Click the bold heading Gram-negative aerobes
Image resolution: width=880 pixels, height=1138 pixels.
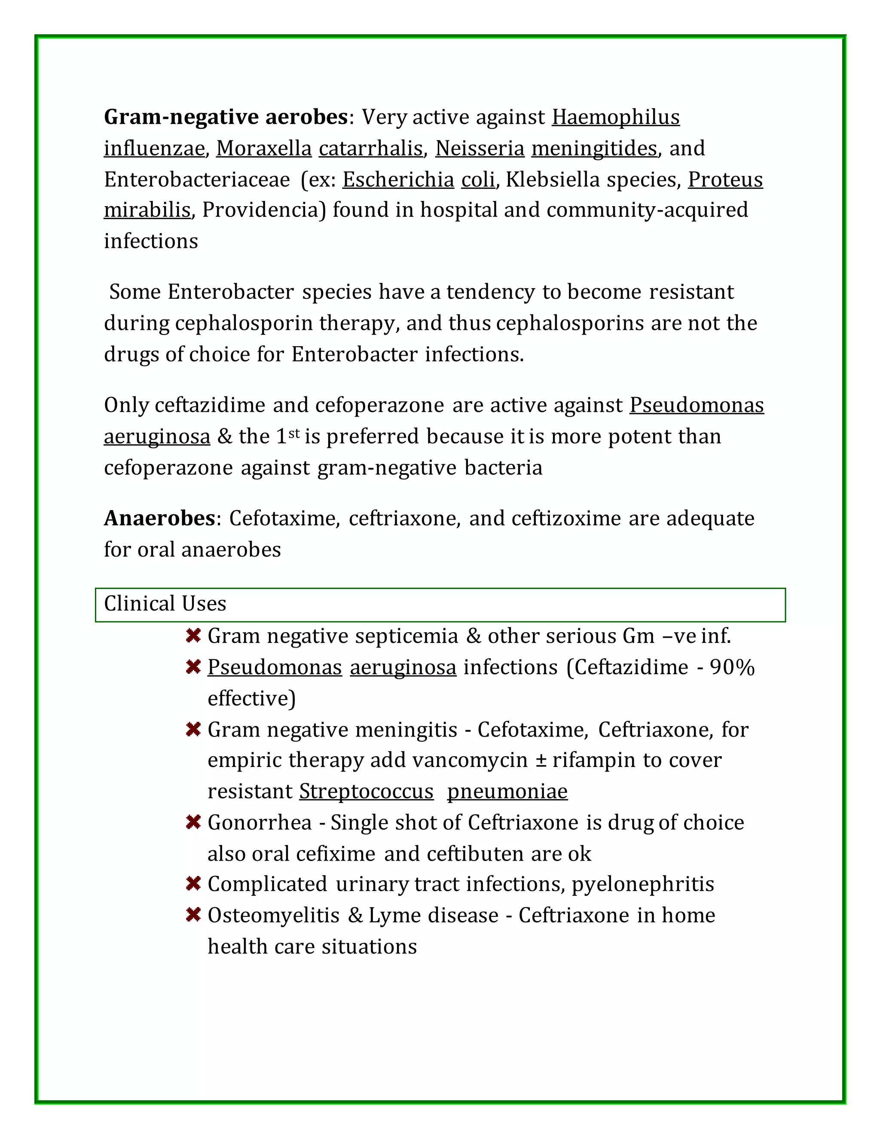pos(226,117)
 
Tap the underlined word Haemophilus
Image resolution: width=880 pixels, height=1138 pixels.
pos(616,117)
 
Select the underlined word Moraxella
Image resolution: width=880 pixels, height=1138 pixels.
pos(264,149)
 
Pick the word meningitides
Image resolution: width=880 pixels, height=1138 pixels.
pos(594,149)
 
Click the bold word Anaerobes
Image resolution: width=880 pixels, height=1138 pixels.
pos(159,518)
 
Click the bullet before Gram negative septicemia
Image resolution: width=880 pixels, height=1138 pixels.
pos(193,636)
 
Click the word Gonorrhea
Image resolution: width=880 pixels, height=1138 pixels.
pos(259,823)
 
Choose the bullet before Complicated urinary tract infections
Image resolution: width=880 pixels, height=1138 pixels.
pos(193,884)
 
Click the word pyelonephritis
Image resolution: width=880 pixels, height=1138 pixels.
pos(643,884)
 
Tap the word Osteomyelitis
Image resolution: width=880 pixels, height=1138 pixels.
pos(273,916)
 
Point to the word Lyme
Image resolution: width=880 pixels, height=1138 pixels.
pos(391,916)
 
